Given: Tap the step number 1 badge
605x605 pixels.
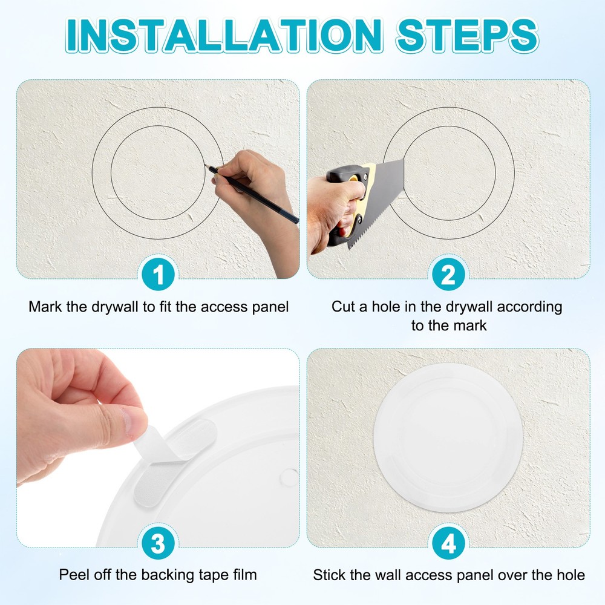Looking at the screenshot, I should tap(158, 275).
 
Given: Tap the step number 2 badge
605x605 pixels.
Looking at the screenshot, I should tap(448, 275).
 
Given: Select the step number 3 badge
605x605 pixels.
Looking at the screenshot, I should tap(158, 544).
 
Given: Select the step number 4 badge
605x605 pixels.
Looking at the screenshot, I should tap(448, 544).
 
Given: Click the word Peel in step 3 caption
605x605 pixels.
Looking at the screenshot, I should tap(71, 574).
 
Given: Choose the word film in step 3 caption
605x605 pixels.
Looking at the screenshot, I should tap(245, 574).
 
